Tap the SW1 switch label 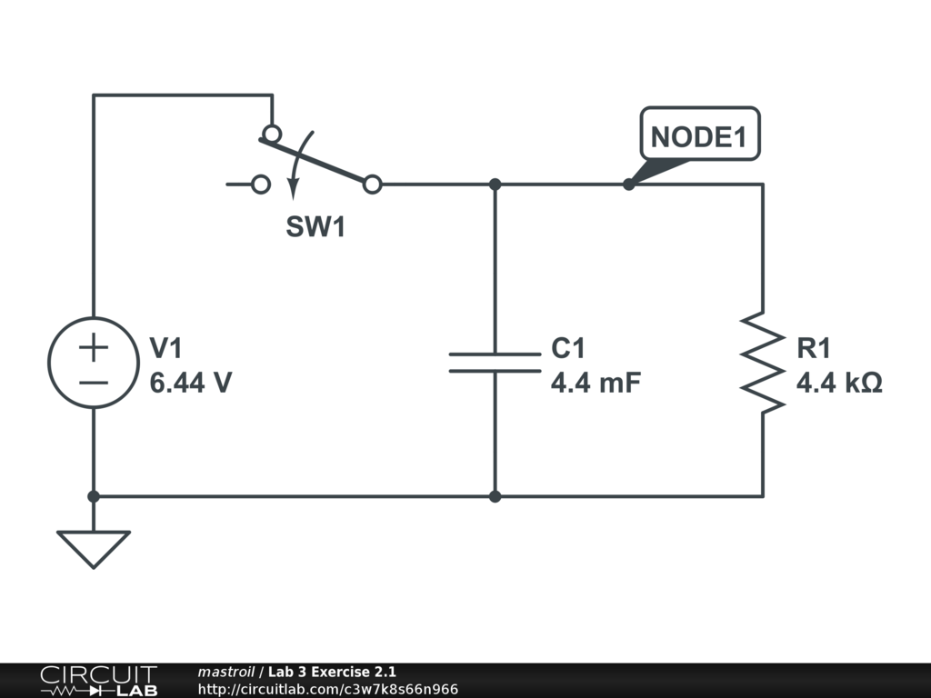click(x=315, y=227)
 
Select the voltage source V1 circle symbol click(x=93, y=363)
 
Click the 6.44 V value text click(x=190, y=383)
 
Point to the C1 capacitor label click(x=568, y=349)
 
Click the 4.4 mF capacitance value click(x=596, y=383)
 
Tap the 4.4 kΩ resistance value click(x=839, y=383)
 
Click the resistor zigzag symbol click(x=762, y=363)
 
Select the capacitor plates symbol click(x=495, y=363)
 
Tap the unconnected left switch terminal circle click(x=261, y=184)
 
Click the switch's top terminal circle click(x=271, y=134)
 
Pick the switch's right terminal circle click(x=372, y=184)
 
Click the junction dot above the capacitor click(x=495, y=184)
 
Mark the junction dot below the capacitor click(x=495, y=496)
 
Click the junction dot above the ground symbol click(x=93, y=496)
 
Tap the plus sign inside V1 click(x=93, y=346)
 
